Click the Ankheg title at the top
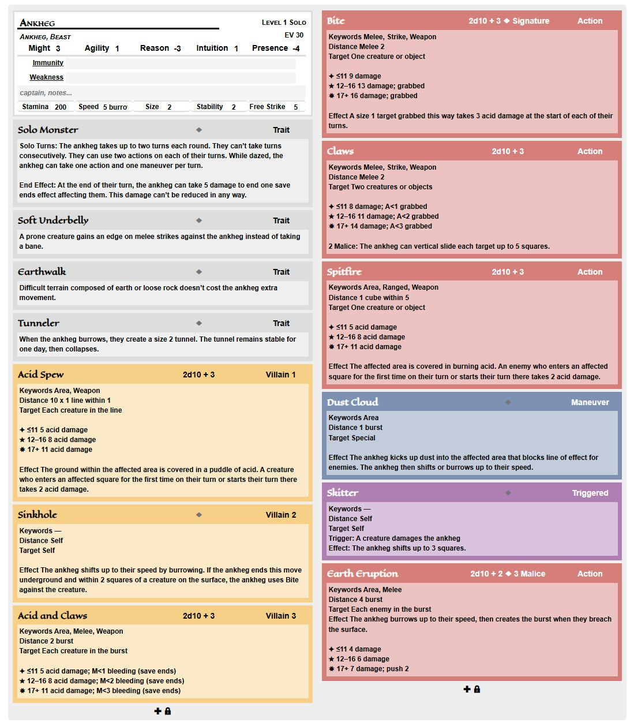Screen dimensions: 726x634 [37, 23]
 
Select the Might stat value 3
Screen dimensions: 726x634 [58, 48]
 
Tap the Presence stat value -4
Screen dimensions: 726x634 [296, 48]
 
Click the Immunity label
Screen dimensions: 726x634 [48, 63]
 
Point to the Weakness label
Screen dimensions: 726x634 [46, 77]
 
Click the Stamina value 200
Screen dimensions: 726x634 [61, 107]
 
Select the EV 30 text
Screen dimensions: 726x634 [294, 35]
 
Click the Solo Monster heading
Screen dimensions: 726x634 [48, 130]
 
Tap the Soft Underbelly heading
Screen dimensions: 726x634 [53, 220]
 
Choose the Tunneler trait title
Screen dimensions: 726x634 [39, 323]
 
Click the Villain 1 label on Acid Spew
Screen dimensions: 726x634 [280, 375]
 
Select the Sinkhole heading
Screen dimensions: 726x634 [37, 515]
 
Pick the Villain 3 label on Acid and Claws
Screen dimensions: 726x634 [280, 616]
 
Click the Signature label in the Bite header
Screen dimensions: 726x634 [531, 21]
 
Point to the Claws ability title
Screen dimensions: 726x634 [340, 151]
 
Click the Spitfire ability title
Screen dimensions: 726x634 [344, 272]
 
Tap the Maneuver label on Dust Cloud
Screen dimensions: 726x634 [590, 402]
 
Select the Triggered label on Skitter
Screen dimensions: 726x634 [590, 493]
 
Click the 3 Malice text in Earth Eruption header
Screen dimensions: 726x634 [529, 574]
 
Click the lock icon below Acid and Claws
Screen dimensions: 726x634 [168, 711]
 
